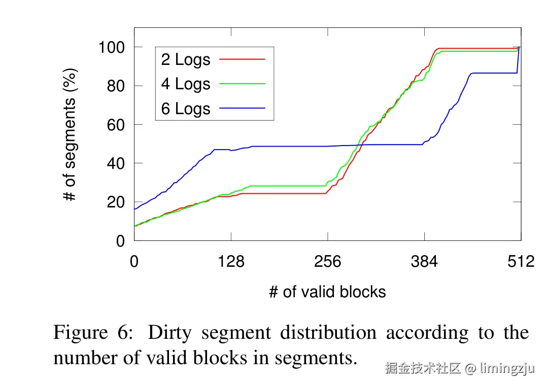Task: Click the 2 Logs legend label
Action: coord(185,59)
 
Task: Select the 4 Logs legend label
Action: coord(185,84)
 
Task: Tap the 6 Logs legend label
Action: coord(185,109)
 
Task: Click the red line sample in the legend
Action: coord(242,59)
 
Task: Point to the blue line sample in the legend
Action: coord(242,108)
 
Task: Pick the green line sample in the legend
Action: coord(242,83)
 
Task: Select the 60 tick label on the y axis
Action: coord(116,125)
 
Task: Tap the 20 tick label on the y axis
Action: coord(116,202)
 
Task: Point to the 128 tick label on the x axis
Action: coord(231,261)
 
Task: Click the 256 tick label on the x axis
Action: coord(328,261)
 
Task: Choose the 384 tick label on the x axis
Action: coord(424,261)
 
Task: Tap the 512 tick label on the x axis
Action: coord(521,261)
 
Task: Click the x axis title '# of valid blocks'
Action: coord(327,292)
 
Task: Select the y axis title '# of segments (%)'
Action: coord(71,135)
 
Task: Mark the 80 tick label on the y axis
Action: coord(116,86)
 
